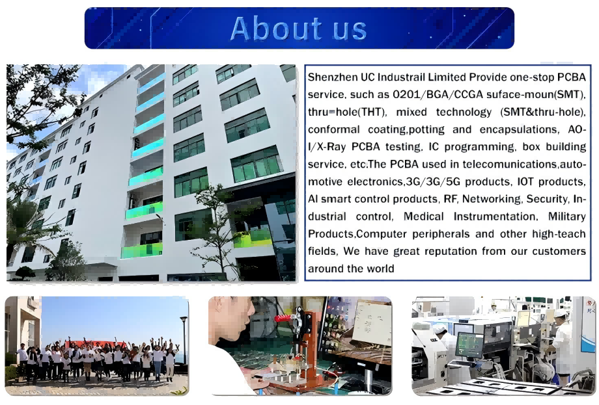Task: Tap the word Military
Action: (566, 216)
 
